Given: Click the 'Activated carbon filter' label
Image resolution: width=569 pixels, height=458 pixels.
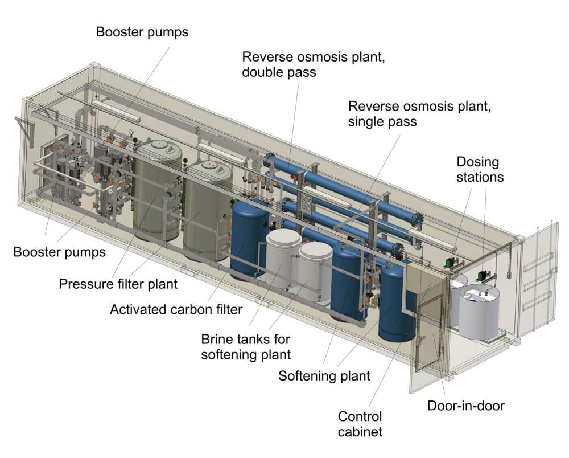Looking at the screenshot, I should pyautogui.click(x=176, y=309).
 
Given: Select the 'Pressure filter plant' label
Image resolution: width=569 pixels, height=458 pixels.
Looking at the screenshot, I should pyautogui.click(x=118, y=283).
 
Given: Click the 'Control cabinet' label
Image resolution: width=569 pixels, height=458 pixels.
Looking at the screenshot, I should pyautogui.click(x=360, y=423).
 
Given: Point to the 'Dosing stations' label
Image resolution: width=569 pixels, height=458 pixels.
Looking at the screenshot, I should pyautogui.click(x=480, y=169).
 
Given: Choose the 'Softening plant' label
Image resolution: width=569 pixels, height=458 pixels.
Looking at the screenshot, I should pyautogui.click(x=324, y=376).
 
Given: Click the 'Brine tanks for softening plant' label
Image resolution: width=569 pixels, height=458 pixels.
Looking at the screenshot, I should pyautogui.click(x=245, y=346).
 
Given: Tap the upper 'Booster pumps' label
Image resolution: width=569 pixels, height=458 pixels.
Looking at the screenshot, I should pyautogui.click(x=142, y=31).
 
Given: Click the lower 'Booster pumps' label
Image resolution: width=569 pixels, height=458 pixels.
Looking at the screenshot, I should pyautogui.click(x=59, y=251).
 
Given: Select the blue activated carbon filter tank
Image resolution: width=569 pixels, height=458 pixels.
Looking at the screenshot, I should pyautogui.click(x=249, y=239).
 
